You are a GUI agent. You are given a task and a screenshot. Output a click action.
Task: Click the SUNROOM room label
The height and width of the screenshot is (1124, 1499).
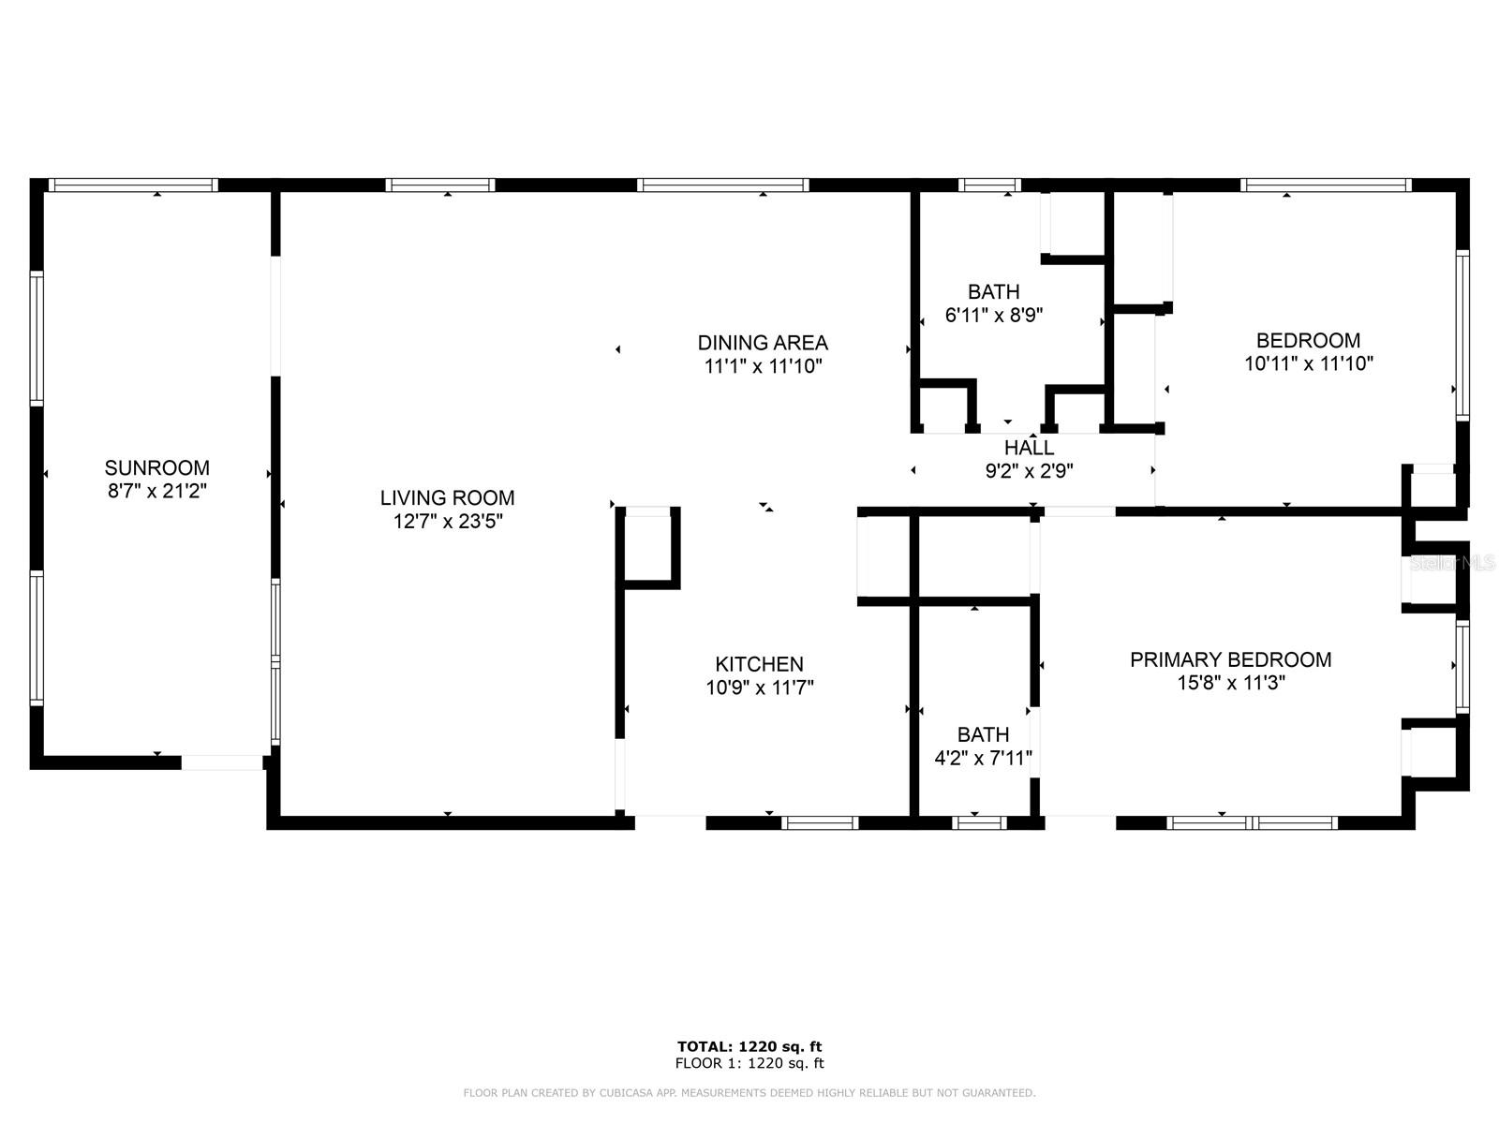point(156,467)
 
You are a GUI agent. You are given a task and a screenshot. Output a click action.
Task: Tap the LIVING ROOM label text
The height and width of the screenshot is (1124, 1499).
point(447,497)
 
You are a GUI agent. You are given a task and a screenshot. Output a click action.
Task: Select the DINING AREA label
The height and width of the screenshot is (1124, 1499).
point(763,342)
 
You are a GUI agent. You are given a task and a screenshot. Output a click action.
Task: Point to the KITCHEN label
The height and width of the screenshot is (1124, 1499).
point(759,664)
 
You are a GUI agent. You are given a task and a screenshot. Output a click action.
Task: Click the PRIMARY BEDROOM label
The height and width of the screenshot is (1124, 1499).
point(1230,659)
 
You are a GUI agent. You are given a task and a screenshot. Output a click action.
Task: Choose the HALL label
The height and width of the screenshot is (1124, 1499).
point(1029,448)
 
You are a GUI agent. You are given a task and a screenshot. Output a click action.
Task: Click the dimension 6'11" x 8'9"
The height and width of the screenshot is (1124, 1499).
point(993,316)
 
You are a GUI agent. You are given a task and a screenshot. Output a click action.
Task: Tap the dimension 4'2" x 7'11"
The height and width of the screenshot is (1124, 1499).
point(983,759)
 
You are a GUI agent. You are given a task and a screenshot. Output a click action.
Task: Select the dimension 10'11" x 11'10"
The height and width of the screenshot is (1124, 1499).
point(1308,364)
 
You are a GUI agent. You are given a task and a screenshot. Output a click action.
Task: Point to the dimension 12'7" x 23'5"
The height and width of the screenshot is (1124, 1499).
point(448,522)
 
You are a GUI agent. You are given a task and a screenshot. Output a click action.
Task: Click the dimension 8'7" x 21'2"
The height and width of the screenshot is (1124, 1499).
point(156,491)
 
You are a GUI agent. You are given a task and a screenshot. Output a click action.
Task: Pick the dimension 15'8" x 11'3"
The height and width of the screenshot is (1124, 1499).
point(1230,684)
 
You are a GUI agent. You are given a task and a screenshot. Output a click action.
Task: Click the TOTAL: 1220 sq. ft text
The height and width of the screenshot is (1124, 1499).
point(749,1046)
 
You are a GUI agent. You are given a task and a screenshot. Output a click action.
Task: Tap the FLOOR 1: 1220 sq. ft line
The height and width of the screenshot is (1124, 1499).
point(749,1063)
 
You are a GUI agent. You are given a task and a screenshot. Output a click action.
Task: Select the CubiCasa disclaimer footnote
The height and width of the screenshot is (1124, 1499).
point(749,1093)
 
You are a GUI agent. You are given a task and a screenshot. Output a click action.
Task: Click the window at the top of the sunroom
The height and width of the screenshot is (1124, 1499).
point(132,185)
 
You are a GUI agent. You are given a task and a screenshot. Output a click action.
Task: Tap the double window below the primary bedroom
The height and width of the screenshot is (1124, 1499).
point(1253,823)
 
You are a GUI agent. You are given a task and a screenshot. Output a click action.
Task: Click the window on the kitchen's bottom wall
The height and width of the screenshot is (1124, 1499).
point(820,823)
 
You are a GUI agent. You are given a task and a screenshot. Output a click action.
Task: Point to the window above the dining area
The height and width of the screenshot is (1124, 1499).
point(722,185)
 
